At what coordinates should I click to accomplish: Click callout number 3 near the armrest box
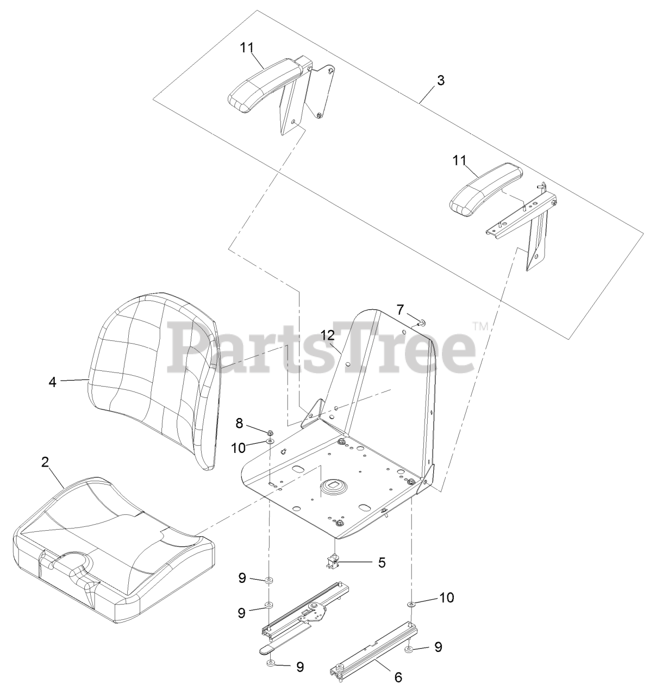click(441, 80)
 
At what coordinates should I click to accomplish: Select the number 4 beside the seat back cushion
click(52, 382)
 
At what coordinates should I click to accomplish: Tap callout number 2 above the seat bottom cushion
click(45, 462)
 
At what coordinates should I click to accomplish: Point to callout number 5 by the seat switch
click(382, 562)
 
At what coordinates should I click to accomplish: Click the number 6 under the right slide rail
click(398, 678)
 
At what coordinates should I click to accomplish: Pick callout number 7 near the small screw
click(400, 310)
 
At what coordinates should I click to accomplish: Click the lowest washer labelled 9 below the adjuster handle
click(270, 664)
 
